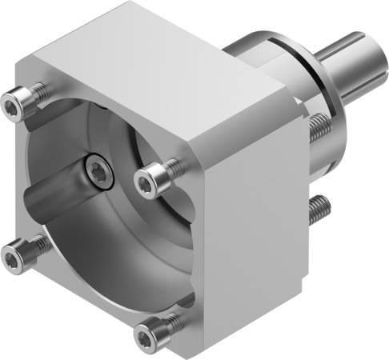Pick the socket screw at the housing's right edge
(147, 182)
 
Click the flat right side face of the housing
(256, 200)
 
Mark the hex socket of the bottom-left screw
(11, 258)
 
